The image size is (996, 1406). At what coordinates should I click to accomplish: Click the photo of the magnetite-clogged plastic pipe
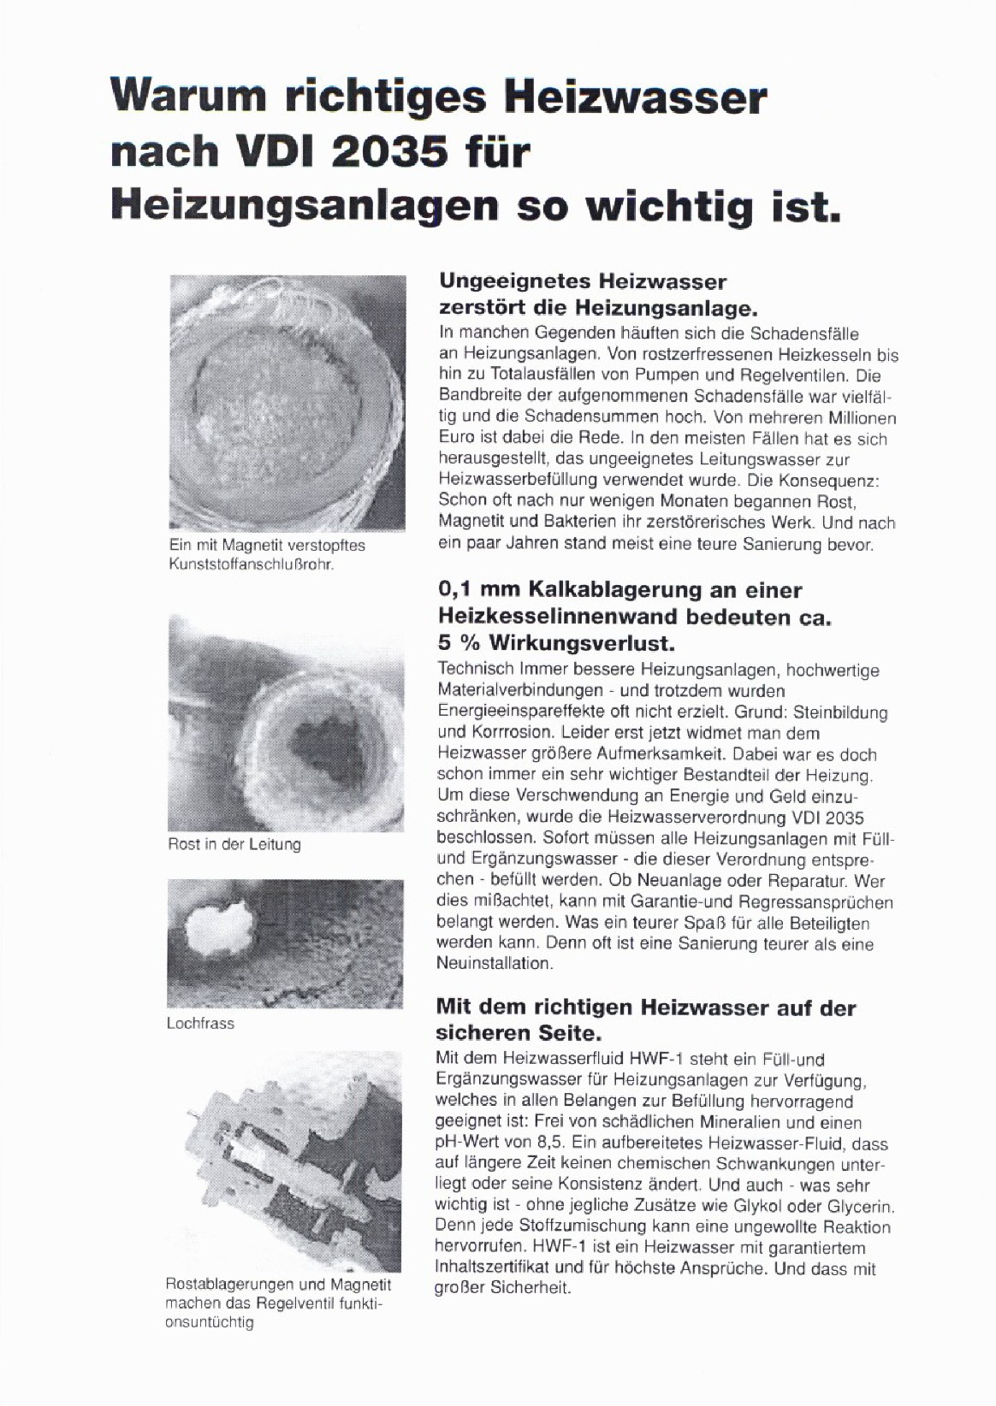point(288,402)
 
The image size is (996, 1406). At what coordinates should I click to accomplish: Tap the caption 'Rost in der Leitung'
point(234,845)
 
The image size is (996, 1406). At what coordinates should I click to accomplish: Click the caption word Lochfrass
point(200,1024)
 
